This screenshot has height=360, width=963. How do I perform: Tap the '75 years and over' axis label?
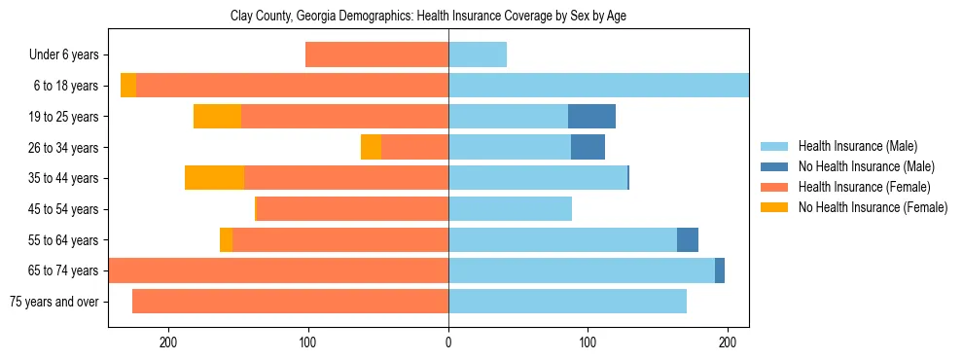(x=53, y=302)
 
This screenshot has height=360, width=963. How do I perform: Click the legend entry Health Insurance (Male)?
(x=857, y=146)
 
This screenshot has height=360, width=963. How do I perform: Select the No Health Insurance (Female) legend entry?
(x=873, y=207)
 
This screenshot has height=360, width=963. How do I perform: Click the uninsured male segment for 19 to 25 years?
(x=591, y=117)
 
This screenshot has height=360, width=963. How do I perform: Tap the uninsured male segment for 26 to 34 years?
(x=588, y=147)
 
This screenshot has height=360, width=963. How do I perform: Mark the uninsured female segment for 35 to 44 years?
(x=214, y=178)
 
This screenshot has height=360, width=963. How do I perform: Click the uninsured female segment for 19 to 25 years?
(x=217, y=117)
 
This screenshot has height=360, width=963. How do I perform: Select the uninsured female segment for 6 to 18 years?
(x=128, y=86)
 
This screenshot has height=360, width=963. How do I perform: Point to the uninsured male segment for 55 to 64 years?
(x=688, y=239)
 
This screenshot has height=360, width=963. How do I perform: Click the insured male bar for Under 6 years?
(x=478, y=55)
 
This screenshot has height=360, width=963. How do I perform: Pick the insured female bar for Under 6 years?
(x=376, y=55)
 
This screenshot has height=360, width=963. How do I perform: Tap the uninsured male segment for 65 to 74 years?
(x=720, y=270)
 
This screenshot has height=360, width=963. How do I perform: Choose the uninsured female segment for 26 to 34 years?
(x=371, y=147)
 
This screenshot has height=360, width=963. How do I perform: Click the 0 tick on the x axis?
(x=448, y=342)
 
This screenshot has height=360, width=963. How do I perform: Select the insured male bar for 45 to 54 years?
(x=510, y=209)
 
